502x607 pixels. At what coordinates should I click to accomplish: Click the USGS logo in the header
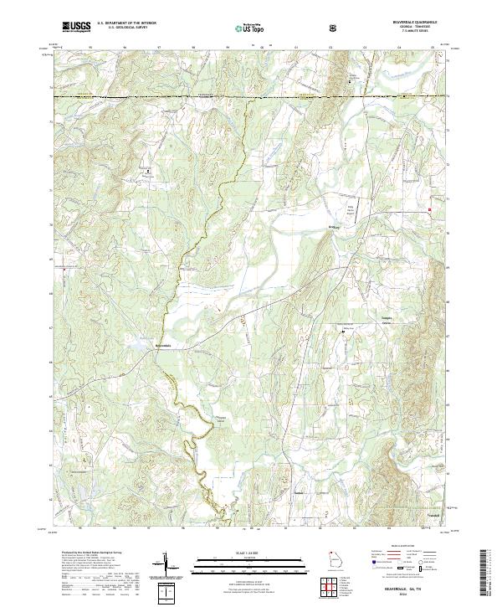pyautogui.click(x=76, y=27)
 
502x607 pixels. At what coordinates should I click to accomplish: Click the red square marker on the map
pyautogui.click(x=430, y=209)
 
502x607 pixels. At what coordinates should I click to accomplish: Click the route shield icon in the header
pyautogui.click(x=336, y=28)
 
